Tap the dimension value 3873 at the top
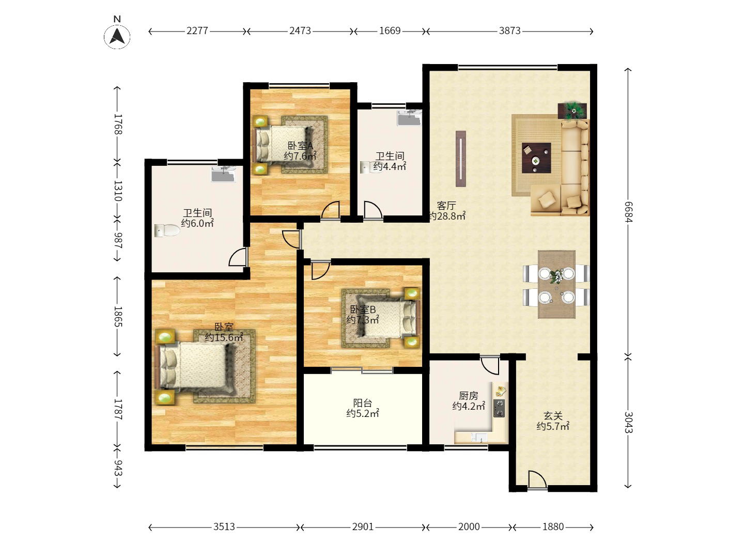point(509,31)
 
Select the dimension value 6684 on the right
point(628,211)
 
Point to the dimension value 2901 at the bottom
point(363,527)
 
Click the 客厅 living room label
point(446,206)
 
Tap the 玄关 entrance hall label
point(553,416)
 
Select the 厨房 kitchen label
point(469,396)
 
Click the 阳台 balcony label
point(363,403)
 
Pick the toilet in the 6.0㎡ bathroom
point(166,230)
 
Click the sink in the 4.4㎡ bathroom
point(410,117)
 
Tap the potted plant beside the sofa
point(572,110)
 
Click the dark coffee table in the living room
point(536,158)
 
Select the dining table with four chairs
point(556,285)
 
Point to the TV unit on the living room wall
point(461,159)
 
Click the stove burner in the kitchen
point(499,408)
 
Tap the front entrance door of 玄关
point(537,481)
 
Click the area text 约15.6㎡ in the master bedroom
point(224,338)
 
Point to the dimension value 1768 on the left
point(118,125)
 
